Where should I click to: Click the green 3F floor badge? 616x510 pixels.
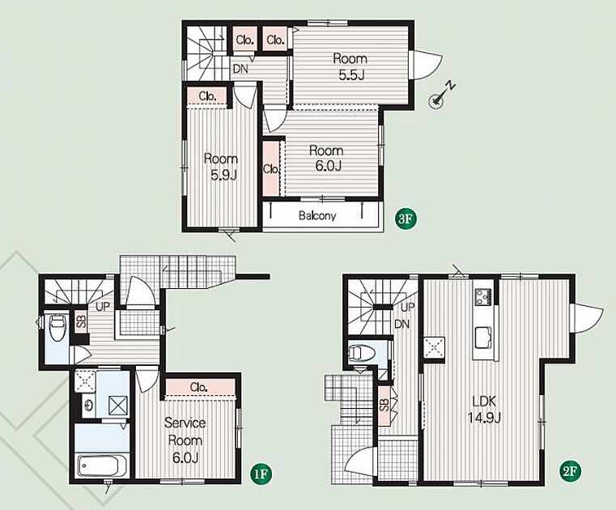point(405,219)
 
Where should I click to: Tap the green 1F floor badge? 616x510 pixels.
point(261,474)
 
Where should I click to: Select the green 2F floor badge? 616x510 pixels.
point(571,470)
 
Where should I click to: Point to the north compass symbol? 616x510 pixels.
point(442,96)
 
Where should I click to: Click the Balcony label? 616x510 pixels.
point(317,215)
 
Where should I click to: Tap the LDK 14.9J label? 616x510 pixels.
point(484,410)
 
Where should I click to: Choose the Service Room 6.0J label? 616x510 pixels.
point(185,440)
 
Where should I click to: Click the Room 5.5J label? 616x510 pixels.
point(350,66)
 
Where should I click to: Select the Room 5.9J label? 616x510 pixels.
point(221,167)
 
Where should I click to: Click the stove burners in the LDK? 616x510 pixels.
point(483,296)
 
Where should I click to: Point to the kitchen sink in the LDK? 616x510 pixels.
point(483,338)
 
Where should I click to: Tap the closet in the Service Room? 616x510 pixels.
point(200,388)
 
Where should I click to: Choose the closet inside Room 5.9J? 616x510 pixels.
point(207,96)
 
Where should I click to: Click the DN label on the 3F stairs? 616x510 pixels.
point(240,69)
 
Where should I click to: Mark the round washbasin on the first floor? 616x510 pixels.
point(89,405)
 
